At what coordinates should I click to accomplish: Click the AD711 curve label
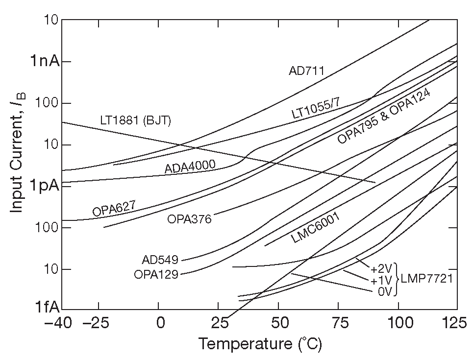(306, 71)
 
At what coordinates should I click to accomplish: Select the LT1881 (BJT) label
(135, 120)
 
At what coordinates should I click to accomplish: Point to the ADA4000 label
(190, 167)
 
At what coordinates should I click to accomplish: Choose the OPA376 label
(189, 219)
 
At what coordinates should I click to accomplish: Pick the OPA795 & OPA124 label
(384, 116)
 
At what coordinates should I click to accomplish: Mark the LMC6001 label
(316, 228)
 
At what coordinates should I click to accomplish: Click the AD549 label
(160, 260)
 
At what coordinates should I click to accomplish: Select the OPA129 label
(156, 274)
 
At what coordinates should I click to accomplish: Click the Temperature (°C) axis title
(260, 344)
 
